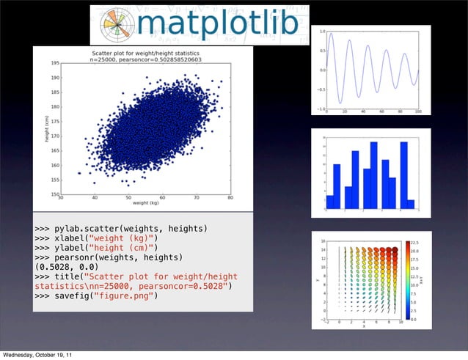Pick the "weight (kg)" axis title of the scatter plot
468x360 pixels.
[145, 205]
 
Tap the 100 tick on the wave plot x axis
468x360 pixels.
[418, 111]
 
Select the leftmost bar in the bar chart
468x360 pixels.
[329, 202]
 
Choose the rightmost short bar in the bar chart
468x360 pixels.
[412, 203]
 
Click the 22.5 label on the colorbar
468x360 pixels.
[414, 241]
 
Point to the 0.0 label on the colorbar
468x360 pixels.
[412, 320]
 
